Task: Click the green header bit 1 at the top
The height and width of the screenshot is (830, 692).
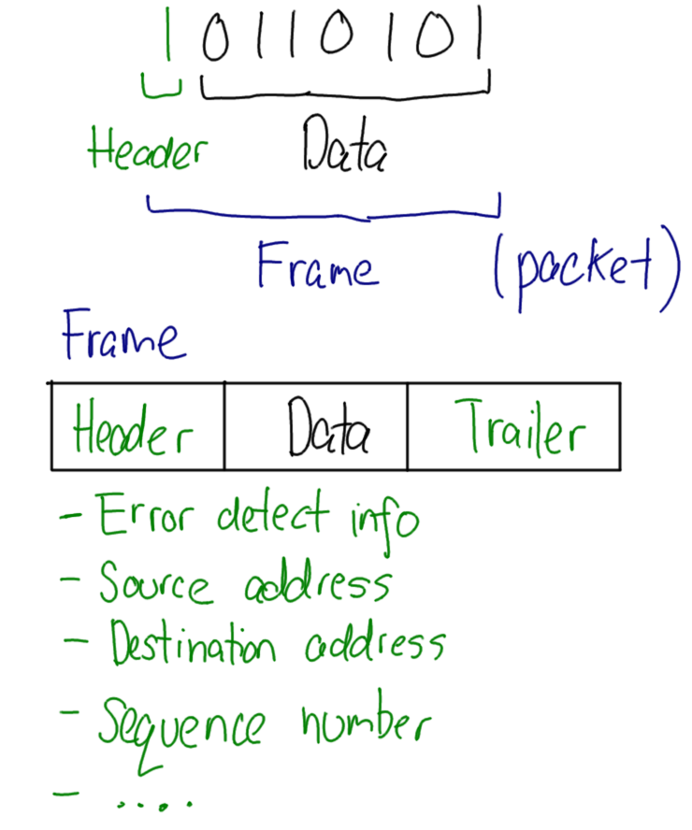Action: click(168, 35)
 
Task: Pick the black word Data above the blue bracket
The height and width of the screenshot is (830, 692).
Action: click(343, 150)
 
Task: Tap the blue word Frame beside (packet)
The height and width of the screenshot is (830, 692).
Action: click(318, 266)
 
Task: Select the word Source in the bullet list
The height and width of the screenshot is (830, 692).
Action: click(155, 583)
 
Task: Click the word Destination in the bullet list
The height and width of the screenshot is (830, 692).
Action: click(192, 645)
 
